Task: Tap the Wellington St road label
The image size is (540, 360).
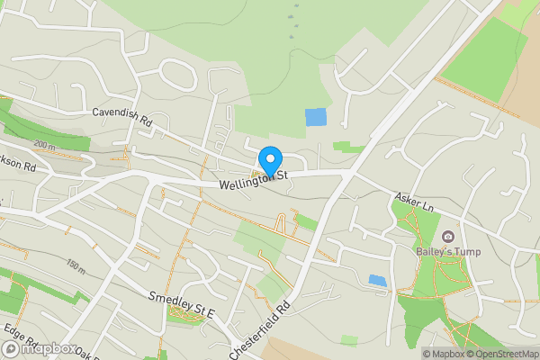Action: (253, 180)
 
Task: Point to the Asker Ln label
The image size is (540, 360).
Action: (414, 202)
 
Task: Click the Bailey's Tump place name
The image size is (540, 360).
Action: (447, 251)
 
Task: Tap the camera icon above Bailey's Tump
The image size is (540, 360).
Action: (447, 236)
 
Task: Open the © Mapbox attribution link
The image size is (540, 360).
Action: (444, 353)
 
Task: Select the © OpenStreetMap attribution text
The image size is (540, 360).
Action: (502, 353)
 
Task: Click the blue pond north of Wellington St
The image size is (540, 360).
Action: (316, 117)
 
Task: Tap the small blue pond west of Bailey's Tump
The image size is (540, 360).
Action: (378, 280)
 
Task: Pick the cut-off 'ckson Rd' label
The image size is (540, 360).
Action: (17, 166)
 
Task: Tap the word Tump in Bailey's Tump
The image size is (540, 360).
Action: (466, 251)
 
